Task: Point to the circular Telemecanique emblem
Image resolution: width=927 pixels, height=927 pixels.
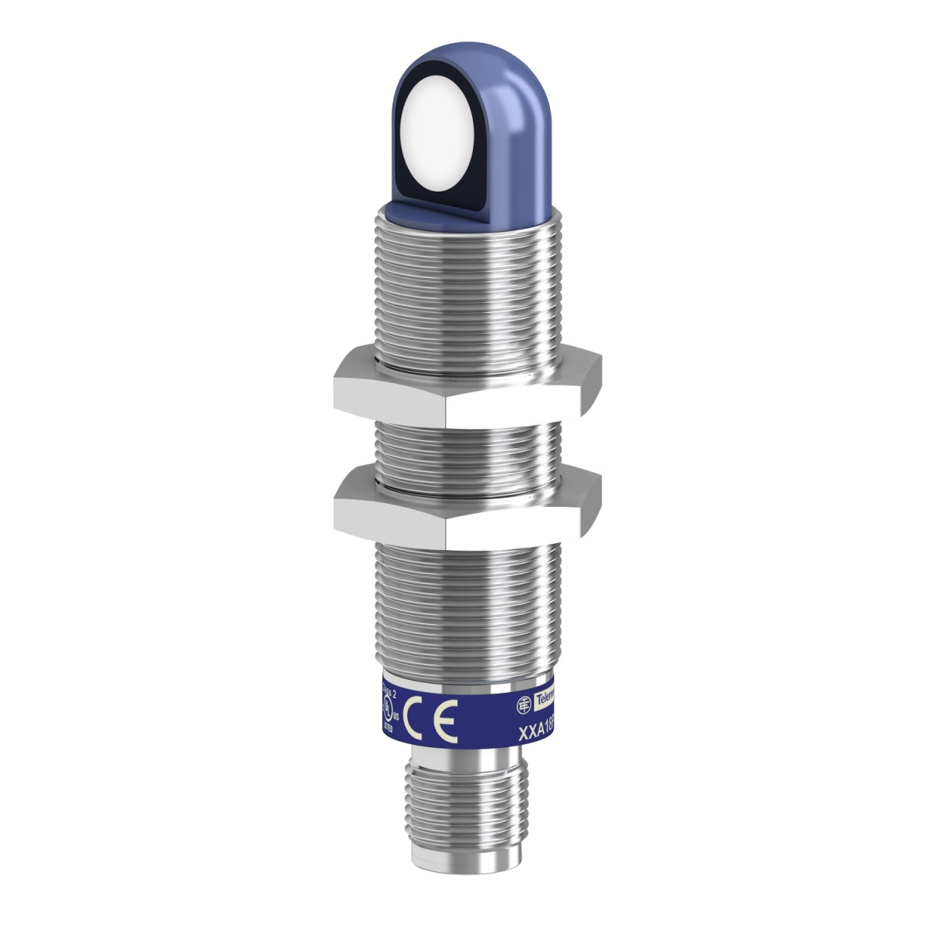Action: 523,704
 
